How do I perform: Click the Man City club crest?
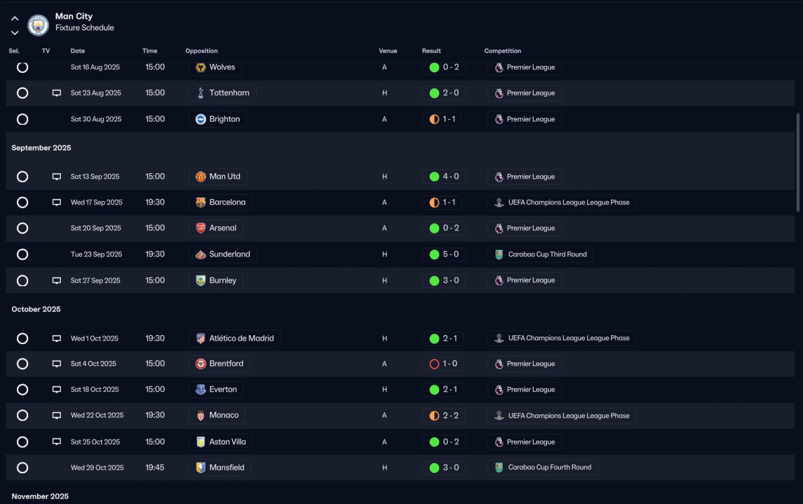click(38, 25)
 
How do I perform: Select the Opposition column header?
click(201, 51)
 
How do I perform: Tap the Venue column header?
click(388, 51)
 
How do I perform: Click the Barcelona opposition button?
click(220, 202)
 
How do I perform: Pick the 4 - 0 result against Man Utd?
click(444, 176)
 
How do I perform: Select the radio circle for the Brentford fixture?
click(23, 364)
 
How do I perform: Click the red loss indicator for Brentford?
click(434, 364)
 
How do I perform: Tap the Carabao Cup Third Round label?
click(541, 254)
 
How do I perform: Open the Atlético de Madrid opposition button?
click(235, 338)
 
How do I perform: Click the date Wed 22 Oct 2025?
click(97, 416)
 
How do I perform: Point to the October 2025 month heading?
click(36, 309)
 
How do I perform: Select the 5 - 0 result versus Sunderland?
click(444, 254)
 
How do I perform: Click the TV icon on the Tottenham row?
click(56, 93)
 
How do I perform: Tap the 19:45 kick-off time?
click(155, 468)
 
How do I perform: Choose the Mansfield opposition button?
click(220, 468)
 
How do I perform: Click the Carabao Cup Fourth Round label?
click(543, 468)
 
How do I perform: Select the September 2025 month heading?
click(41, 148)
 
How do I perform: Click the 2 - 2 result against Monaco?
click(444, 416)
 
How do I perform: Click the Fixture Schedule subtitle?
click(85, 28)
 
